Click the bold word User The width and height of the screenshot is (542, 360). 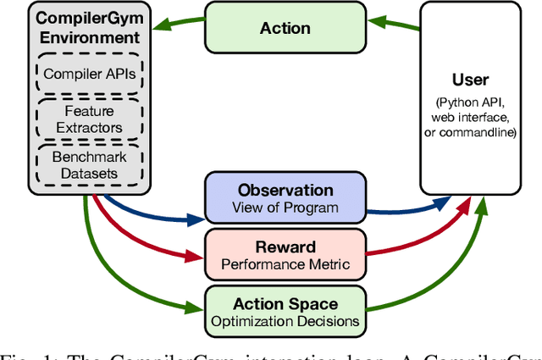point(471,80)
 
